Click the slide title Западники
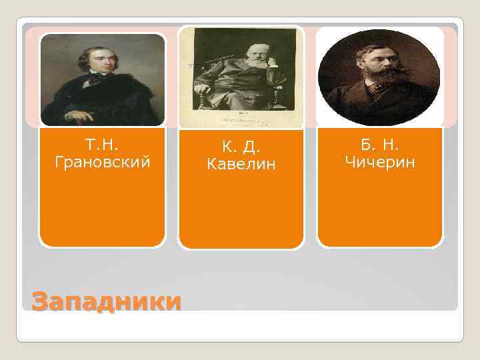tap(106, 302)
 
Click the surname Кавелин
tap(241, 163)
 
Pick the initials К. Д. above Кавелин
tap(241, 146)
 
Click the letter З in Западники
tap(41, 302)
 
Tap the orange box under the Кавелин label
tap(241, 213)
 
